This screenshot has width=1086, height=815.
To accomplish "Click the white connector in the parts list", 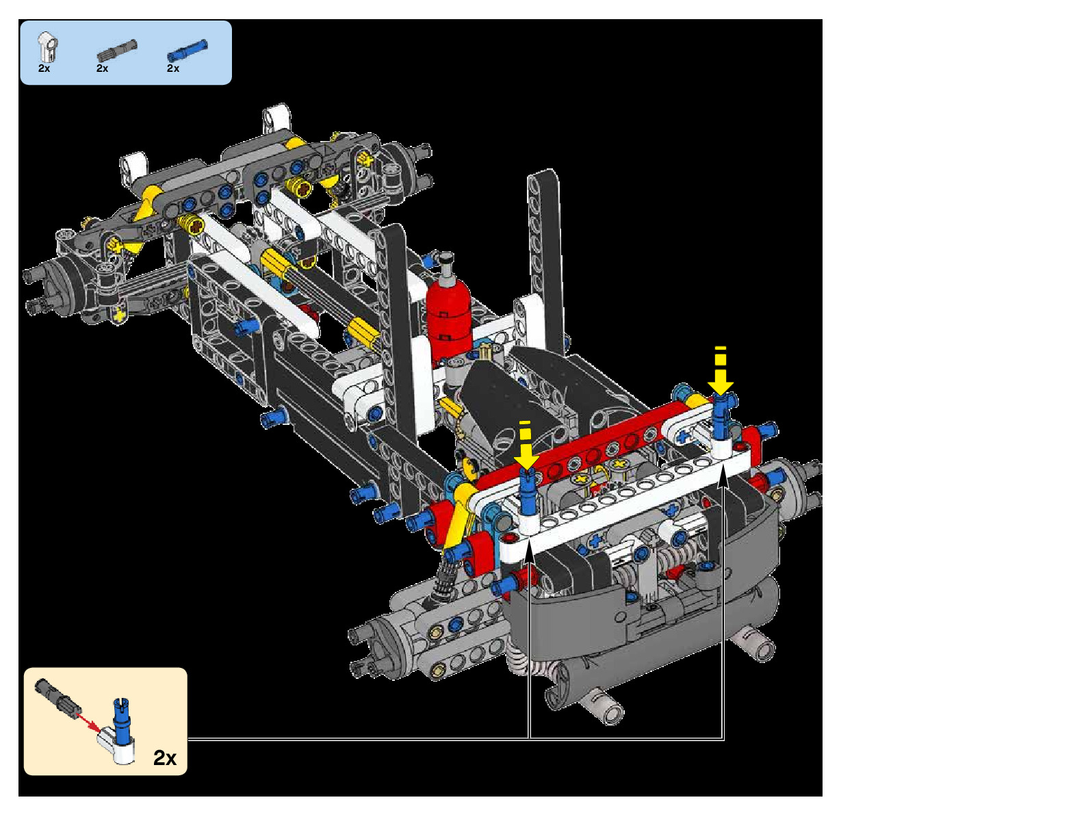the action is tap(47, 47).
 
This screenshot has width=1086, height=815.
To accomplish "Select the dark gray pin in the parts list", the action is tap(117, 51).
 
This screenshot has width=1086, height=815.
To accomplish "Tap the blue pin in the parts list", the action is tap(187, 51).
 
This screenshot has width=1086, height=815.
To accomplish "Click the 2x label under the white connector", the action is tap(44, 68).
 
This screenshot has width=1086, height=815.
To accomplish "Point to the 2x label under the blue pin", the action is tap(172, 68).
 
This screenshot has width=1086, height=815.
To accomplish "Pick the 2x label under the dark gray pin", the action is tap(102, 68).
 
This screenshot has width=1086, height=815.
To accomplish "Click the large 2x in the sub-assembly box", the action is tap(165, 758).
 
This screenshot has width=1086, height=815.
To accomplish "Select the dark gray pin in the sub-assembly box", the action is tap(56, 697).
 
